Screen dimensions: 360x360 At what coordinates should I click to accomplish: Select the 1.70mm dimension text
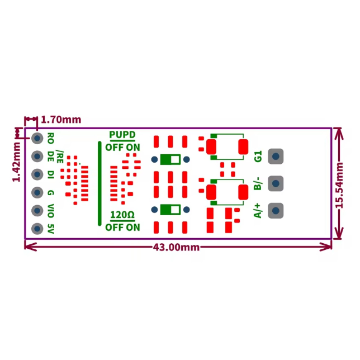point(61,120)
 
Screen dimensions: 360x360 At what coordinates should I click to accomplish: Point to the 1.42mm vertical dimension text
point(16,162)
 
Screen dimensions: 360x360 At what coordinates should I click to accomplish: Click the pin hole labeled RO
point(37,138)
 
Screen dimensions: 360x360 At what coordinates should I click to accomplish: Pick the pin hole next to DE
point(37,155)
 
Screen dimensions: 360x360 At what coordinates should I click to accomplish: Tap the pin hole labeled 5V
point(37,229)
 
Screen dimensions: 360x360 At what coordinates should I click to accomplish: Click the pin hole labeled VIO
point(37,210)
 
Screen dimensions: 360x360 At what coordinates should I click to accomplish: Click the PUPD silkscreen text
point(122,135)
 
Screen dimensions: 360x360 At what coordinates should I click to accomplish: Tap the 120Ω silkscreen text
point(122,215)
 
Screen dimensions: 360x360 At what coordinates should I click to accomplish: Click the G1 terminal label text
point(258,157)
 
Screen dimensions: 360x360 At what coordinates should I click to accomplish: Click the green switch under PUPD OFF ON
point(170,160)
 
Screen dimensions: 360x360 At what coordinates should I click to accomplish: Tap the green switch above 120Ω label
point(170,210)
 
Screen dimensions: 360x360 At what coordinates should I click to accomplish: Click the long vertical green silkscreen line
point(100,183)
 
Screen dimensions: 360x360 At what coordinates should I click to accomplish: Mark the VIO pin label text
point(51,211)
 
